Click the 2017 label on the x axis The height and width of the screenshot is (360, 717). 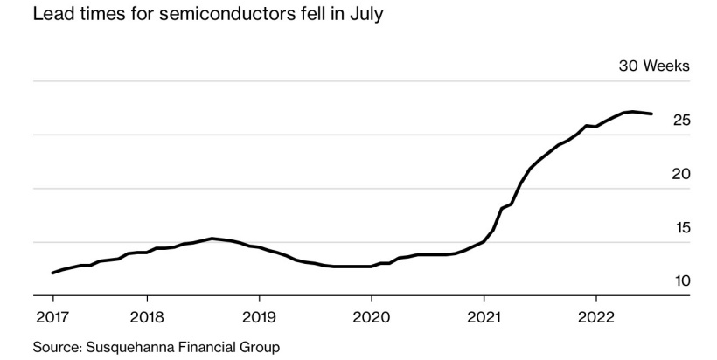coord(52,314)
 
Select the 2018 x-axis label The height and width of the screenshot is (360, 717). coord(147,314)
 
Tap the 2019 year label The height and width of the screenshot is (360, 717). coord(259,314)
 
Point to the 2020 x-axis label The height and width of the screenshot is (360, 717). coord(372,314)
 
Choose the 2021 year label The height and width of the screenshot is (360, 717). coord(484,314)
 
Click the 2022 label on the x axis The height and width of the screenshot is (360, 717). coord(596,314)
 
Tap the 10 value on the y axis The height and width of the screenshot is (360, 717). coord(682,281)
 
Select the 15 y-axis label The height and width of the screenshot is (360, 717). coord(682,227)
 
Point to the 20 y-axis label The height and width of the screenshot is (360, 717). coord(682,174)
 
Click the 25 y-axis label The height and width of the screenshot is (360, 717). coord(682,121)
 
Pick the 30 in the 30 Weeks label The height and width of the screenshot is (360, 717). coord(630,66)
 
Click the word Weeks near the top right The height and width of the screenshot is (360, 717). coord(668,66)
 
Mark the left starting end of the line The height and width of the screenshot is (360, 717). coord(52,273)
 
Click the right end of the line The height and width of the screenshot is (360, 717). coord(651,114)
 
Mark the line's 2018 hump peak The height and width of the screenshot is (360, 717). coord(212,238)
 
